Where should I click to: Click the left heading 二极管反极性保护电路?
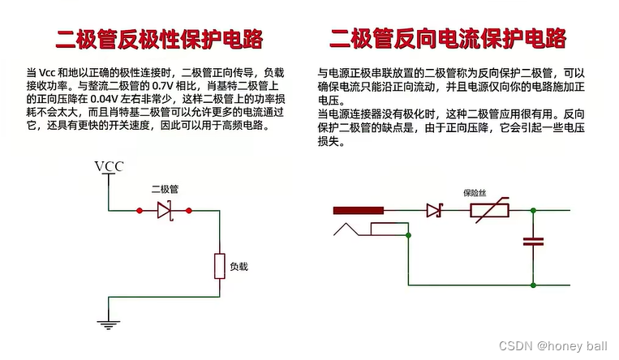tap(159, 38)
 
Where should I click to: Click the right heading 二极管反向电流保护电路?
tap(447, 38)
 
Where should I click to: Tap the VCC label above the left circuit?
tap(109, 167)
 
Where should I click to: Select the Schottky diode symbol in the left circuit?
tap(165, 211)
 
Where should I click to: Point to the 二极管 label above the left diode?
tap(165, 189)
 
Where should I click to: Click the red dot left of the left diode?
tap(140, 211)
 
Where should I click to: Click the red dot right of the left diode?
tap(189, 211)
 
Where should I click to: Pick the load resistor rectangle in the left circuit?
tap(220, 266)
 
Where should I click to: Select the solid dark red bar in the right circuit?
tap(358, 212)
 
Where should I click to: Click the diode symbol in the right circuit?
tap(433, 212)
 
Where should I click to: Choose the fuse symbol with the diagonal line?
tap(490, 212)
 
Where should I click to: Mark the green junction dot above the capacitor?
tap(533, 212)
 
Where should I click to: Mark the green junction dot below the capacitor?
tap(533, 285)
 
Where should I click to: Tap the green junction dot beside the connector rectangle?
tap(409, 236)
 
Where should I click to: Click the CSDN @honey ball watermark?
tap(561, 346)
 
